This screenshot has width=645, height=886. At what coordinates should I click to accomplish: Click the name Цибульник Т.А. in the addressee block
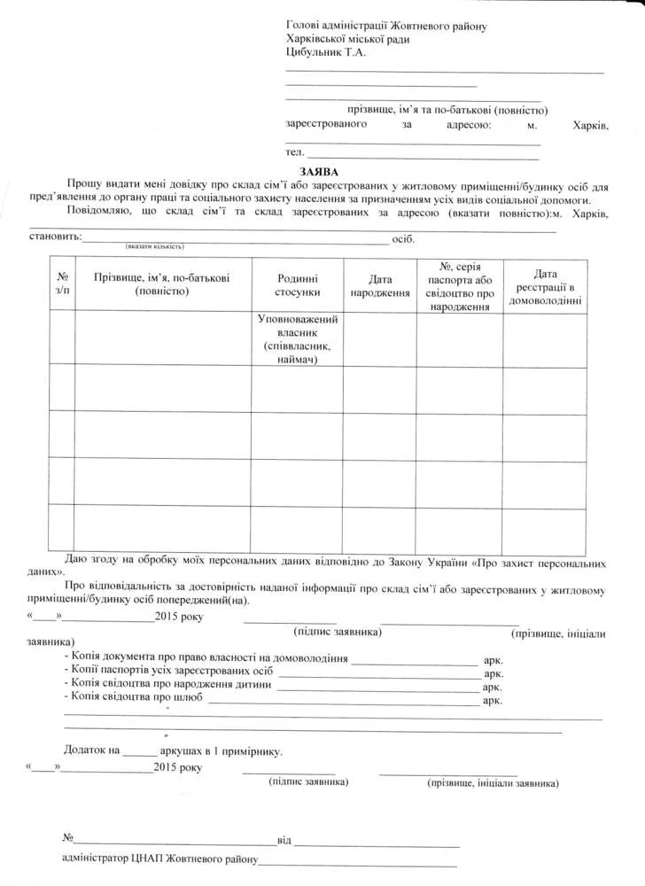[x=325, y=52]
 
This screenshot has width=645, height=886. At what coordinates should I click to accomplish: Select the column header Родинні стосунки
[x=297, y=284]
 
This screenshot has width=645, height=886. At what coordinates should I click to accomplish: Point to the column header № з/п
[x=62, y=284]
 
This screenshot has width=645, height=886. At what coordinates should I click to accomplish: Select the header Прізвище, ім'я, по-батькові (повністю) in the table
[x=162, y=284]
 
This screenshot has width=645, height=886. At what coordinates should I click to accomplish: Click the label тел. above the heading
[x=294, y=153]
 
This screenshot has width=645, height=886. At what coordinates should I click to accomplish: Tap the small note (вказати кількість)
[x=154, y=246]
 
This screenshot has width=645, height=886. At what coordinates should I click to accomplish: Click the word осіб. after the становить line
[x=402, y=239]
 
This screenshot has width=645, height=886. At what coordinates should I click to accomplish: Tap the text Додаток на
[x=91, y=750]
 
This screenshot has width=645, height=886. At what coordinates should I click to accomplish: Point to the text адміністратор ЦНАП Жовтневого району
[x=159, y=859]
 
